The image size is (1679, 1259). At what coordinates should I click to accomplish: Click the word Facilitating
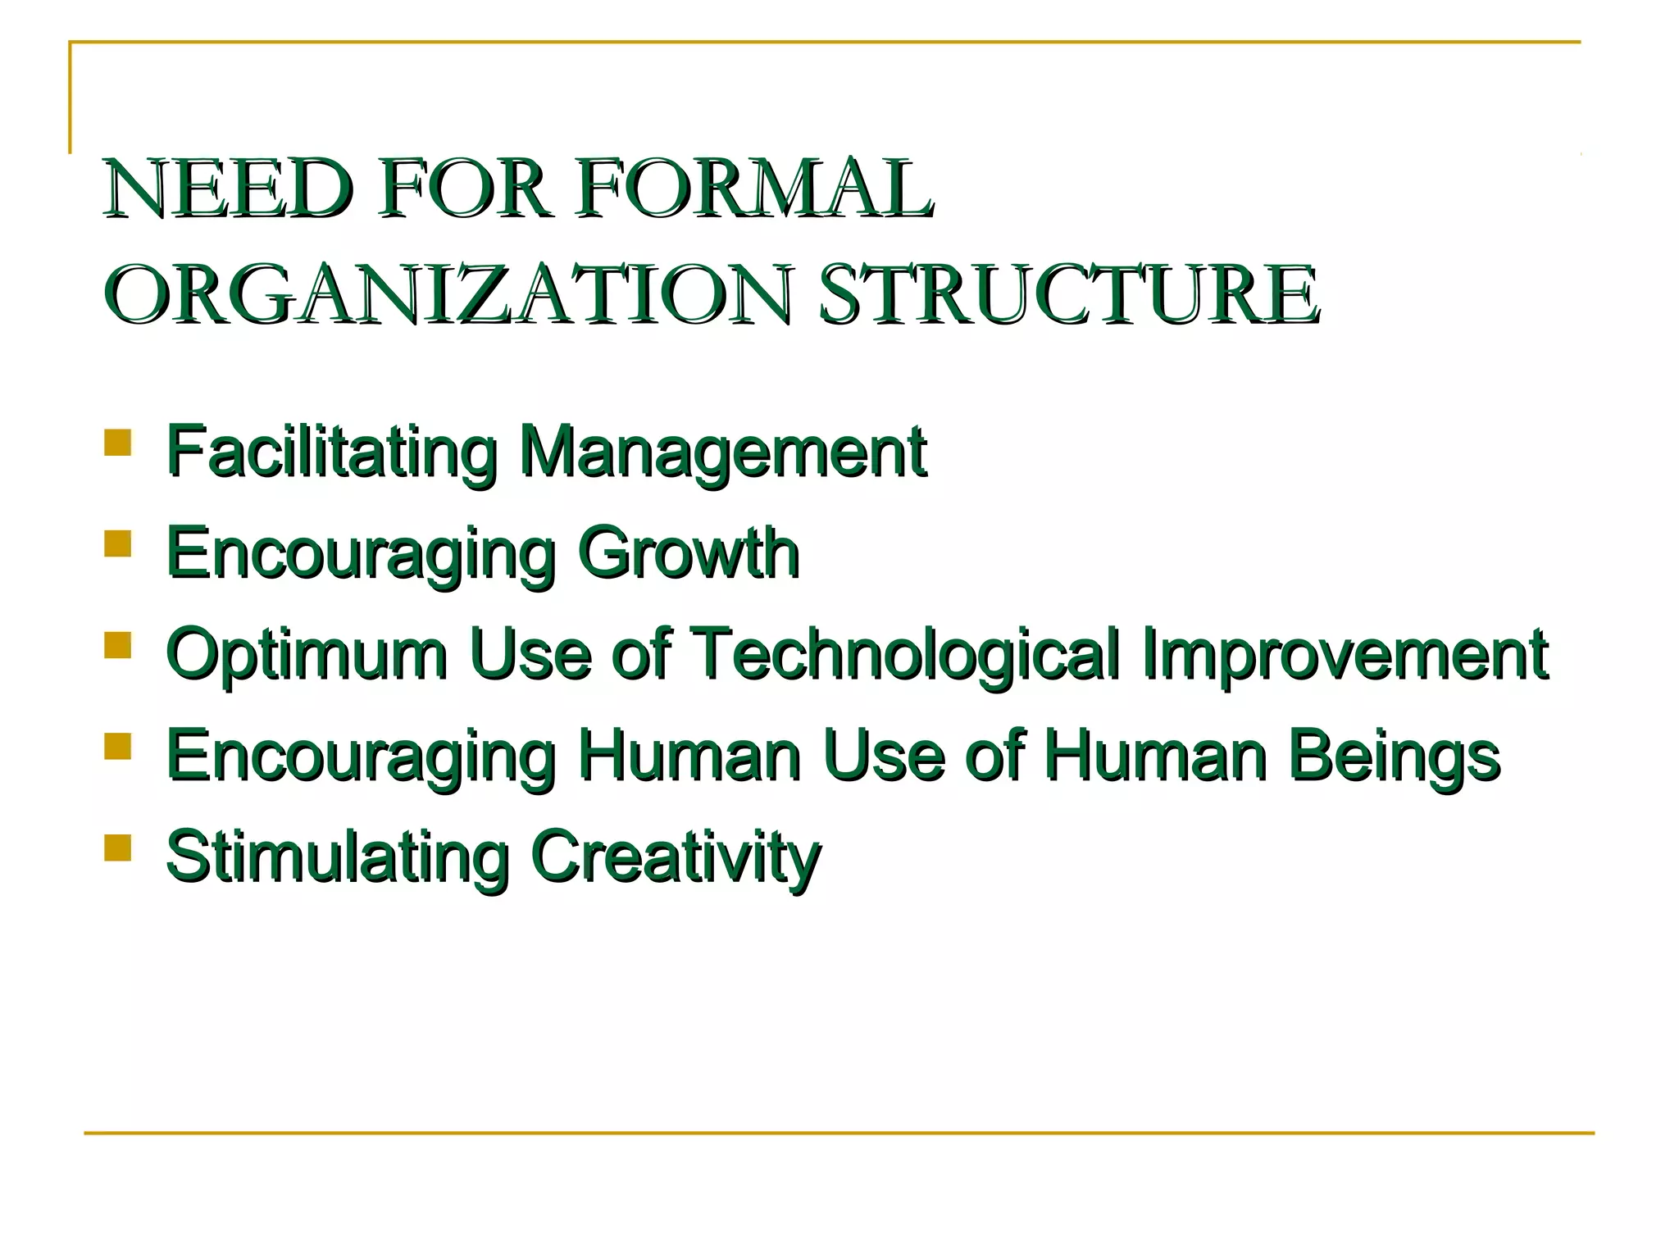pyautogui.click(x=331, y=452)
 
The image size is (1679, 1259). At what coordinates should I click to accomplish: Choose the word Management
pyautogui.click(x=722, y=452)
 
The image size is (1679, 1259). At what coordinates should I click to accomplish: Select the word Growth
pyautogui.click(x=688, y=553)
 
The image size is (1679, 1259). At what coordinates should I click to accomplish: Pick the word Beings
pyautogui.click(x=1393, y=756)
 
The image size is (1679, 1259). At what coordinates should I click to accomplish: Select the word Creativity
pyautogui.click(x=676, y=857)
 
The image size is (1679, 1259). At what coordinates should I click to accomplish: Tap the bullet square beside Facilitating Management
pyautogui.click(x=118, y=443)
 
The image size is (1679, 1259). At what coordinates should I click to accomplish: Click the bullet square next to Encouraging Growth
pyautogui.click(x=118, y=544)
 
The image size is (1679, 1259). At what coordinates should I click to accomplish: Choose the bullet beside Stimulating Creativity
pyautogui.click(x=118, y=848)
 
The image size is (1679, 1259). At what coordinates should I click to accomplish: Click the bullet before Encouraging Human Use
pyautogui.click(x=118, y=747)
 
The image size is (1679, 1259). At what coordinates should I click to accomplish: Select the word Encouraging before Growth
pyautogui.click(x=361, y=553)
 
